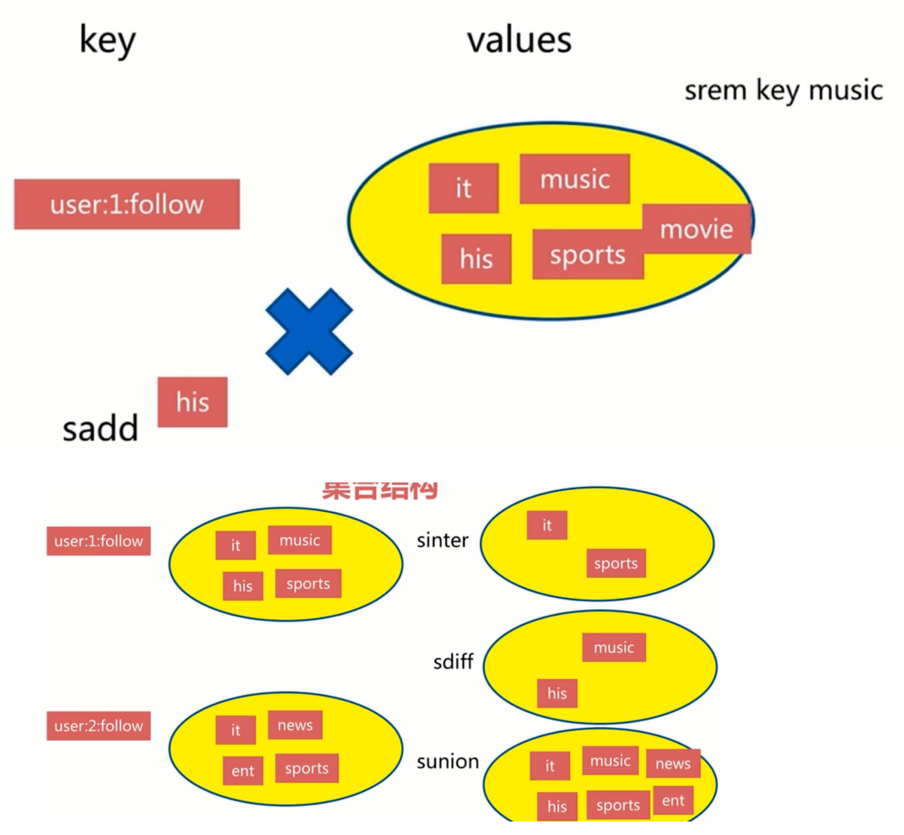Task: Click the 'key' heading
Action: pos(107,41)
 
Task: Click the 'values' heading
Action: pos(519,39)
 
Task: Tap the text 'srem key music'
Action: pos(783,90)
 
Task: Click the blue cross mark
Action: pos(309,331)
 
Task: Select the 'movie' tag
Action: pos(697,229)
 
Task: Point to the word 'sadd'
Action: pos(100,429)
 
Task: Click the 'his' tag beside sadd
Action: pos(192,401)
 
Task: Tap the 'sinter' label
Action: pos(442,541)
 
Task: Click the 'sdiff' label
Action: pos(453,662)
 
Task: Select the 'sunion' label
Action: pos(447,762)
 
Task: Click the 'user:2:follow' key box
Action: pos(99,726)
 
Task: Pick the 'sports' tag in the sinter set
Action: pos(616,563)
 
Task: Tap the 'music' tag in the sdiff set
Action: pos(613,648)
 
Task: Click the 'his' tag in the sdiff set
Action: pos(557,693)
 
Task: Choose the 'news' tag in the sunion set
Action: pos(673,764)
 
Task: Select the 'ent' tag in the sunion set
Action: pos(673,800)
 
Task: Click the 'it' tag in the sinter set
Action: pos(546,525)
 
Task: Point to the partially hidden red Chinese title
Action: pos(379,490)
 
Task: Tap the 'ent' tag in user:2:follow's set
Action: pos(243,770)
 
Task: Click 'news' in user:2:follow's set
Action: pos(294,725)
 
